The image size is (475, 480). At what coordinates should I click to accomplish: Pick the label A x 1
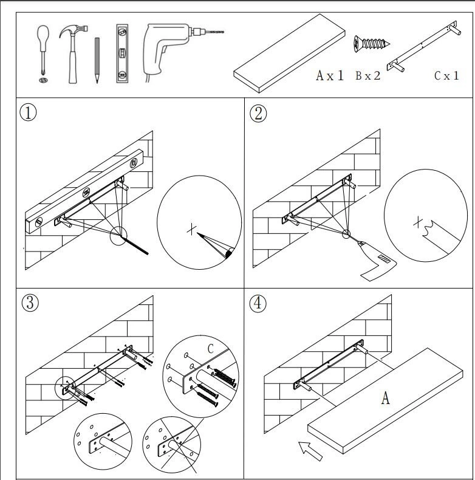[330, 76]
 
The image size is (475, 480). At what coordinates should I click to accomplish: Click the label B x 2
[368, 76]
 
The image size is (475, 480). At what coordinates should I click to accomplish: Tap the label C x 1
[446, 76]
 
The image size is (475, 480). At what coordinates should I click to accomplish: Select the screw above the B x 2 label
[370, 44]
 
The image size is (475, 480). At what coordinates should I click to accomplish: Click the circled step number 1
[28, 114]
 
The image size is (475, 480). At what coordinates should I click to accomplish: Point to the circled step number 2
[259, 114]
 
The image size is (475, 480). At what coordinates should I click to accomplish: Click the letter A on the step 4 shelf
[384, 399]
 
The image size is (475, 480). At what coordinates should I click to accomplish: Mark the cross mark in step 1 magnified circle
[192, 229]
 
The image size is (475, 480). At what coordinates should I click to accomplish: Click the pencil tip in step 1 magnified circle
[200, 234]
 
